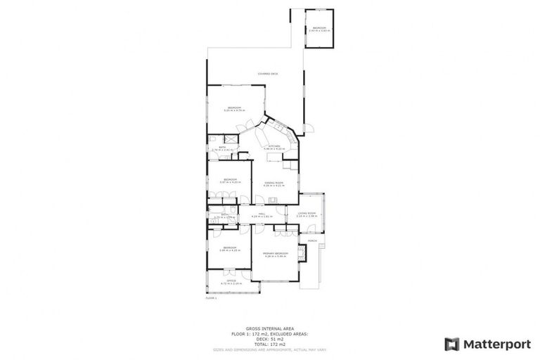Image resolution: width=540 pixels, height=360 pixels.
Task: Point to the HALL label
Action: click(x=261, y=214)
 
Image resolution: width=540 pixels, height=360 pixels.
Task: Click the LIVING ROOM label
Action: click(x=307, y=214)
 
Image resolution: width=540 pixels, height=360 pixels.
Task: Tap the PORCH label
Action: click(x=311, y=240)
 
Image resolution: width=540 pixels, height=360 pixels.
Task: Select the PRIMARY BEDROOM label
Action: click(x=276, y=254)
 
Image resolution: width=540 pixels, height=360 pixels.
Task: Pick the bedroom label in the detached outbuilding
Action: click(x=319, y=29)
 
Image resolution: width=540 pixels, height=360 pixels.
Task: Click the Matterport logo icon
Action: click(x=452, y=344)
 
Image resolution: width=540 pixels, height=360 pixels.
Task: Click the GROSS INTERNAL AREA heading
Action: click(x=269, y=327)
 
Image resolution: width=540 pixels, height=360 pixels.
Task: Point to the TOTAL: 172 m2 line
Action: click(x=269, y=343)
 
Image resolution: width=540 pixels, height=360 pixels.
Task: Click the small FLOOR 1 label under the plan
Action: click(x=211, y=298)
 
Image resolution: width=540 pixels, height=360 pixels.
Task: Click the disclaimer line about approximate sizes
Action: click(x=269, y=349)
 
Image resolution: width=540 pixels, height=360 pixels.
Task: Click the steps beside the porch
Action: click(x=314, y=267)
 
